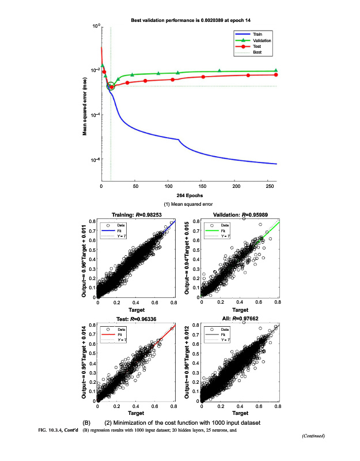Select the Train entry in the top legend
point(257,34)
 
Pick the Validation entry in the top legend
point(262,40)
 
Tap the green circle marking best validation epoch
point(111,86)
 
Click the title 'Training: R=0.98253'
point(136,214)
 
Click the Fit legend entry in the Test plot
point(122,334)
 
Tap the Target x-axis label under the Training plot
point(136,310)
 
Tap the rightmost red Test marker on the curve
point(276,75)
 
